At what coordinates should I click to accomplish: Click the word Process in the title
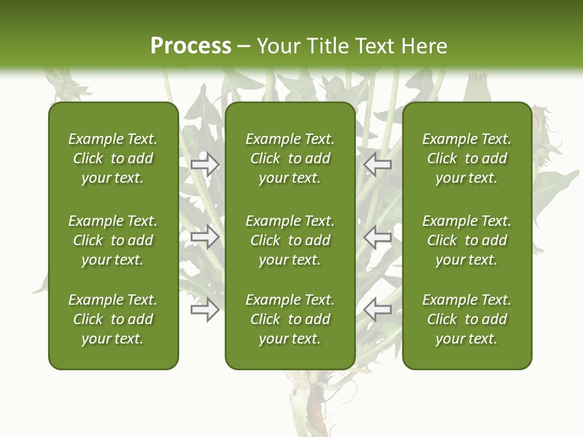[191, 46]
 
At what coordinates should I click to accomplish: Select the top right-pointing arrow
[205, 164]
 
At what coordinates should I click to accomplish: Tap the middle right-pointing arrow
[205, 237]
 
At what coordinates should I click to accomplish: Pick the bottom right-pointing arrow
[205, 310]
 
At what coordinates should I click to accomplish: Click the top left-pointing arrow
[378, 164]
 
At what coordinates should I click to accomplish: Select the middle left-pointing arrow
[378, 237]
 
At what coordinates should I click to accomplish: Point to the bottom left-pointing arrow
[378, 310]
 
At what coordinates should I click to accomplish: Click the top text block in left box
[113, 158]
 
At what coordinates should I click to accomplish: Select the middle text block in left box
[113, 240]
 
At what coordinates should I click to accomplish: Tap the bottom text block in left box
[113, 319]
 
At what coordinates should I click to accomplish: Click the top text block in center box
[290, 158]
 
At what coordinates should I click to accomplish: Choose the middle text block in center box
[290, 240]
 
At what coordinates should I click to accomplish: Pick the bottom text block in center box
[290, 319]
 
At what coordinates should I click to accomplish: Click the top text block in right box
[466, 158]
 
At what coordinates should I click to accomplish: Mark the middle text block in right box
[466, 240]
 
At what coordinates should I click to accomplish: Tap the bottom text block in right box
[466, 319]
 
